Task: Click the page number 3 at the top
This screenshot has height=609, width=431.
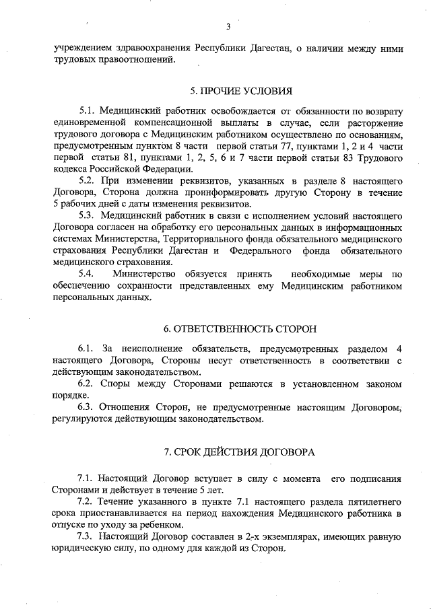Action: (x=228, y=27)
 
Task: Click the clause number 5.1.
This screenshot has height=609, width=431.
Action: (x=89, y=110)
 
